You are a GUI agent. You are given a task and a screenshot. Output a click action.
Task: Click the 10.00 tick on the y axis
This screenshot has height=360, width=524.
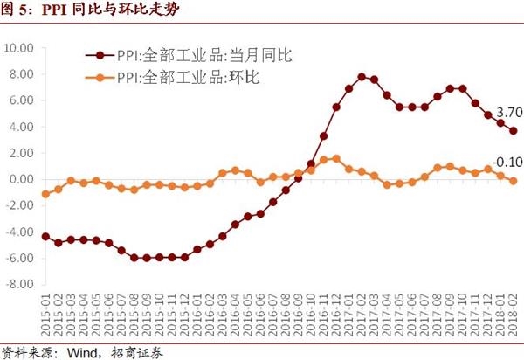(19, 47)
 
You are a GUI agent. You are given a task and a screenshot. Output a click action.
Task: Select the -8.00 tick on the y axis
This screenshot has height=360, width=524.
(19, 285)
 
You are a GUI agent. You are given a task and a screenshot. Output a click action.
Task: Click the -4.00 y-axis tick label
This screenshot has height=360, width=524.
(19, 232)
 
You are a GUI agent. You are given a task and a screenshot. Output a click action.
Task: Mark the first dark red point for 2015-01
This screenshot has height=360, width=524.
(45, 236)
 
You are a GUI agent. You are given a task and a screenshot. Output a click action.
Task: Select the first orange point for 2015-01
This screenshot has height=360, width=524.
(45, 194)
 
